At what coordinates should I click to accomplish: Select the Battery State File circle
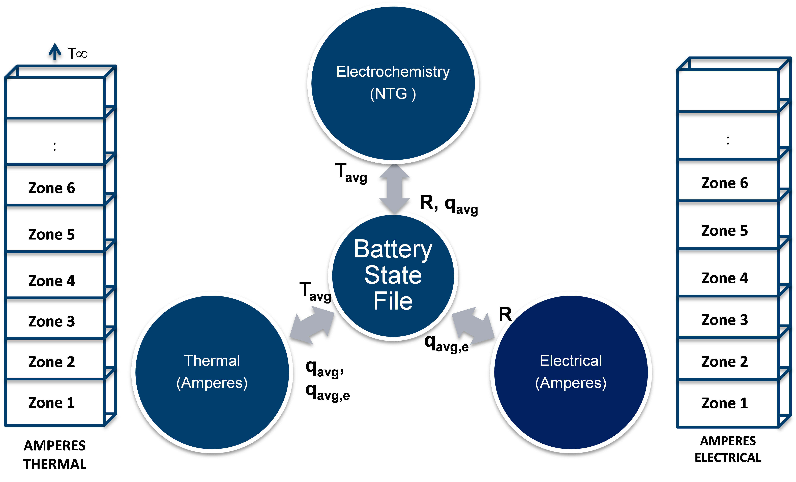[393, 276]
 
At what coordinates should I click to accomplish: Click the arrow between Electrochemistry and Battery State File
[394, 188]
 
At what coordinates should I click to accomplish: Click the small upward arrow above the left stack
[55, 52]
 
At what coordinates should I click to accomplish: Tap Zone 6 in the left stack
[52, 188]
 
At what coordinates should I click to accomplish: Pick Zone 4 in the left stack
[52, 280]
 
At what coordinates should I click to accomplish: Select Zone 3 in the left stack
[52, 321]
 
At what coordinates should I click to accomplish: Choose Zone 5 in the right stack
[725, 230]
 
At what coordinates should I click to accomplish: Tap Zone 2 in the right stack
[725, 361]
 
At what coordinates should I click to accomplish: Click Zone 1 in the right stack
[725, 403]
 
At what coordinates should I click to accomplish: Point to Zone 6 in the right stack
[725, 183]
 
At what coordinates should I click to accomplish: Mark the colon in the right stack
[728, 140]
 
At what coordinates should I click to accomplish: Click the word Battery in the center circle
[393, 249]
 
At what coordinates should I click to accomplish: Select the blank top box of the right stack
[728, 91]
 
